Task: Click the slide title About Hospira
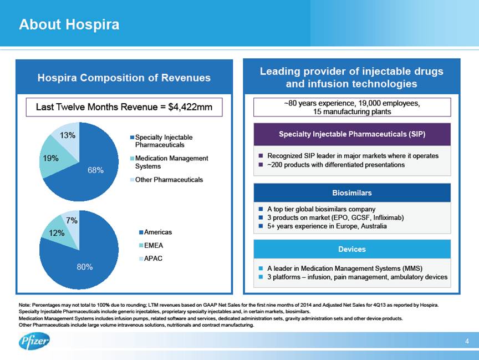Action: point(69,25)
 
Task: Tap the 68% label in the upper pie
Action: point(95,170)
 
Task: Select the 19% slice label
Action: point(51,158)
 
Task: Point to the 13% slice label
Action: point(68,135)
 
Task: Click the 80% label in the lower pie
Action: point(84,267)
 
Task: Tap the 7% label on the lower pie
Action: point(72,221)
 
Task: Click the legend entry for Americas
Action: point(155,232)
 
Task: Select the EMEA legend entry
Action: point(152,245)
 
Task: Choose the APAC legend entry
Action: point(152,258)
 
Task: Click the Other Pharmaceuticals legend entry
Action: point(172,180)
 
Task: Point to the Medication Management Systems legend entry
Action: point(172,162)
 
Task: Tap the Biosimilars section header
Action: point(351,193)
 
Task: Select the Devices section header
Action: point(351,249)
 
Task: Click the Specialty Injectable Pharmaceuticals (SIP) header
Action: point(351,134)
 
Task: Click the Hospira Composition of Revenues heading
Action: point(124,78)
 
